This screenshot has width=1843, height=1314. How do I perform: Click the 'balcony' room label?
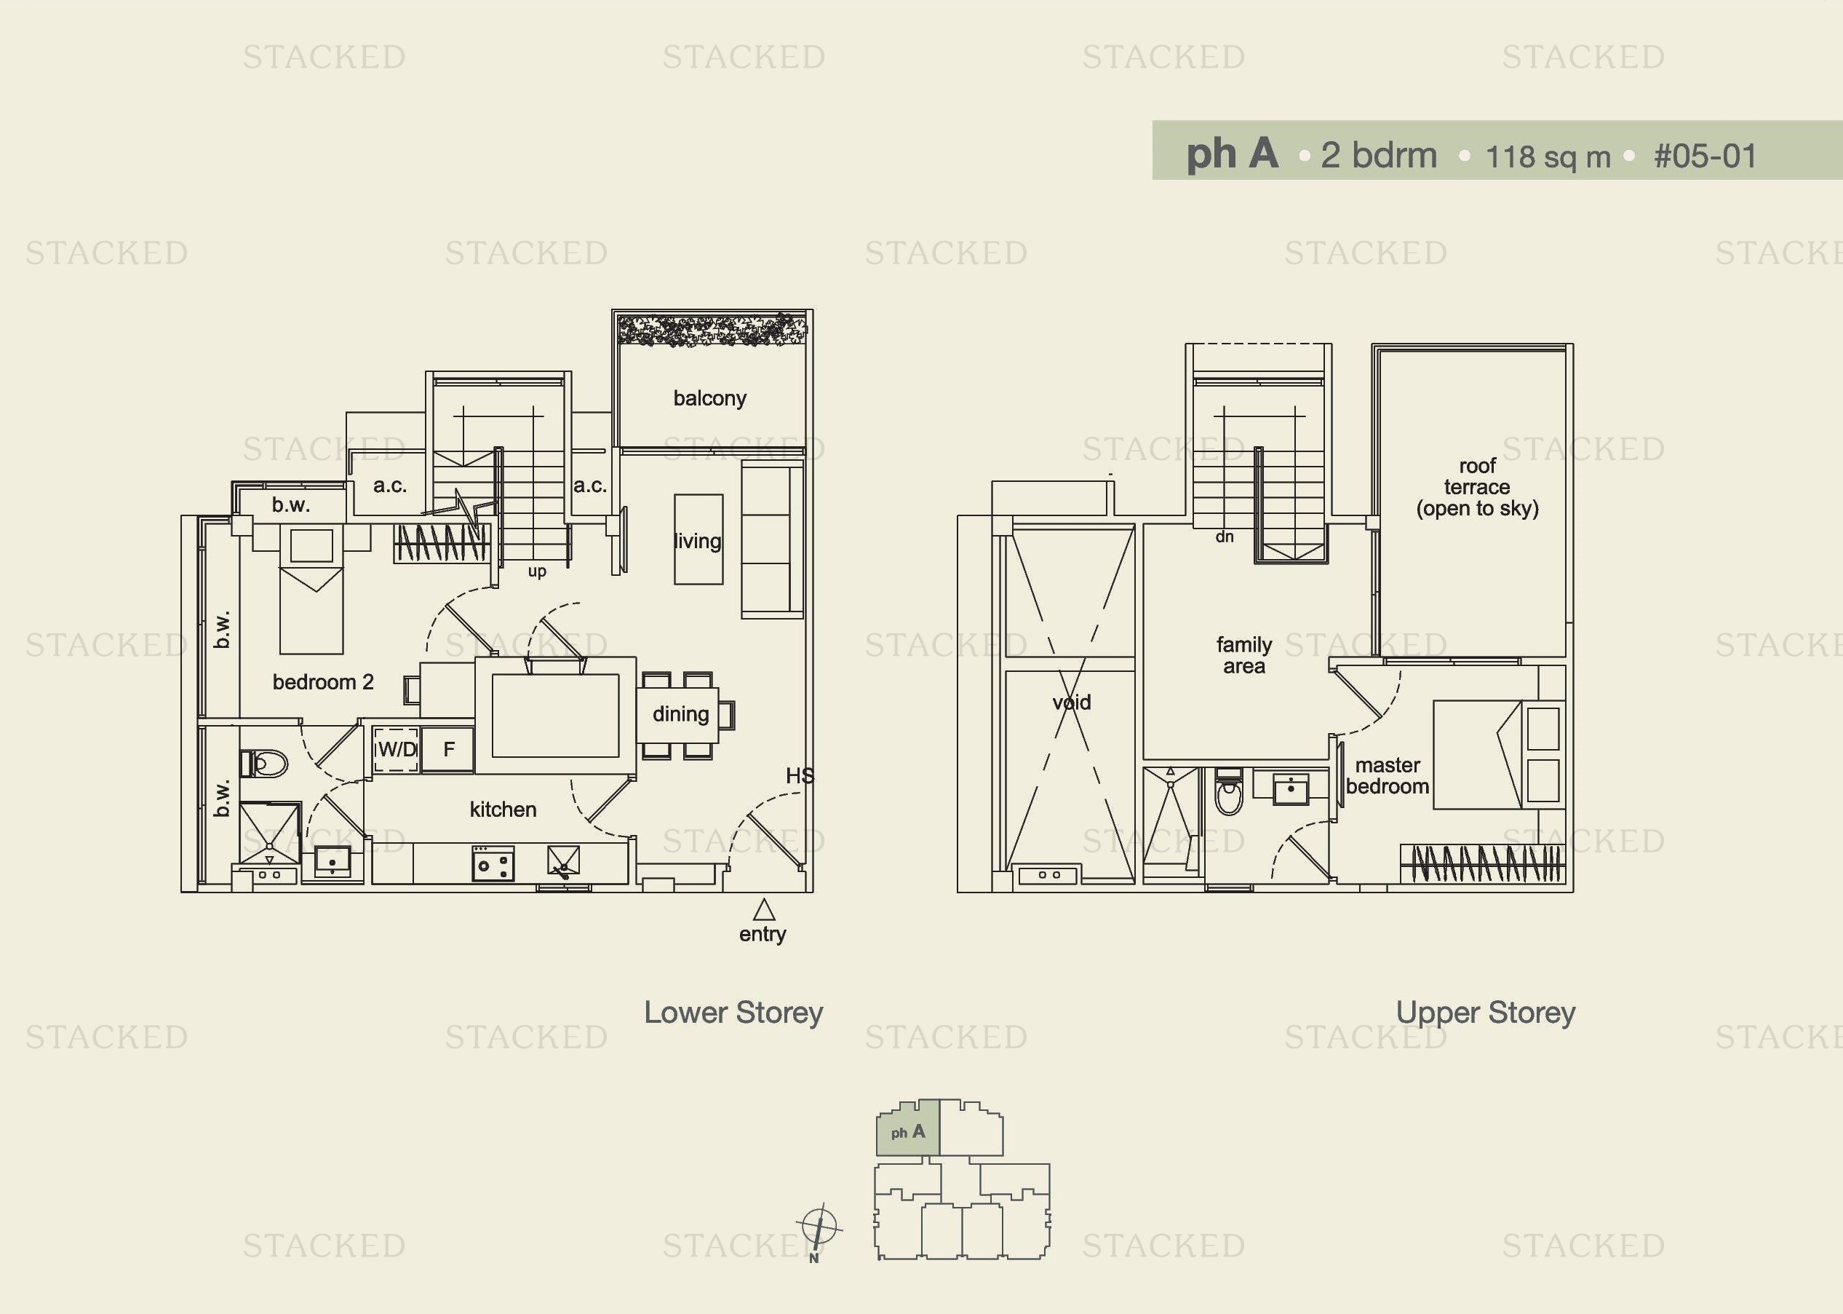[x=709, y=398]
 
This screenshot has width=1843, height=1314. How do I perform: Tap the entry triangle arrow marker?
[x=763, y=911]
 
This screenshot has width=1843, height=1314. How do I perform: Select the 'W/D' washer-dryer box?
[x=397, y=749]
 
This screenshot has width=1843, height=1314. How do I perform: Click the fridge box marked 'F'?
[x=448, y=749]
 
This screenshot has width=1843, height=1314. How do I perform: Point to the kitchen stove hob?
[x=493, y=863]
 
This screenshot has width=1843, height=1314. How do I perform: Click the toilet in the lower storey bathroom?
[x=266, y=763]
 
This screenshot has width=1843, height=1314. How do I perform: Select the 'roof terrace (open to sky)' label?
[x=1477, y=487]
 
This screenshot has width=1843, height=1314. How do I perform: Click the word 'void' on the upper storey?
[x=1072, y=702]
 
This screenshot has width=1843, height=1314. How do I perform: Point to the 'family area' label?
[x=1243, y=655]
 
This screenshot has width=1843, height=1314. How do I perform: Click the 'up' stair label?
[x=537, y=571]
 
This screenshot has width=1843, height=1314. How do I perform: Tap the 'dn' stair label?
[x=1225, y=537]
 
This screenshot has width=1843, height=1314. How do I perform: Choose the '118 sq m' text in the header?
[x=1548, y=157]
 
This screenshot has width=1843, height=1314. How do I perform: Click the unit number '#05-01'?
[x=1705, y=157]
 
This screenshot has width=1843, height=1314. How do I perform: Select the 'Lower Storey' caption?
[x=733, y=1012]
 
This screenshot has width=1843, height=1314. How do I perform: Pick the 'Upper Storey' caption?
[x=1486, y=1012]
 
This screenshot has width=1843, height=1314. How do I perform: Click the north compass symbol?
[x=819, y=1227]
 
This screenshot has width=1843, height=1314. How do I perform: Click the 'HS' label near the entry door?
[x=800, y=776]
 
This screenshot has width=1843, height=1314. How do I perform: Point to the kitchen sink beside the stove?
[x=563, y=861]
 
